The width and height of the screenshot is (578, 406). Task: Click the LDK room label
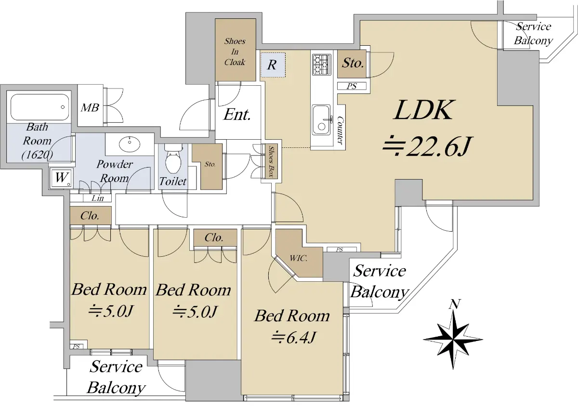[x=423, y=110]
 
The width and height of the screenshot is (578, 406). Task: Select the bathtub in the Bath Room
[x=39, y=107]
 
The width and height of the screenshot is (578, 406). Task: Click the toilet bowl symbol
[x=173, y=160]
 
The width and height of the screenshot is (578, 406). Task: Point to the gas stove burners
[x=322, y=65]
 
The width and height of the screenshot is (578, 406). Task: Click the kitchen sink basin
[x=321, y=120]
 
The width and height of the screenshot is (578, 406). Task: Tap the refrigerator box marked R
[x=273, y=65]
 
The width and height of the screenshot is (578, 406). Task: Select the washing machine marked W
[x=61, y=178]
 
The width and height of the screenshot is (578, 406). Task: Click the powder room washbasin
[x=130, y=143]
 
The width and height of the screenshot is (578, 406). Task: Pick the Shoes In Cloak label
[x=235, y=52]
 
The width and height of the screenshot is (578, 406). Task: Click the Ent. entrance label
[x=237, y=115]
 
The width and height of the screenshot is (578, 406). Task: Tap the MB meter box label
[x=90, y=108]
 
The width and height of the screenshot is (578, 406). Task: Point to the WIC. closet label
[x=299, y=258]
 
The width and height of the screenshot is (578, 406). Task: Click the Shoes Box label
[x=271, y=161]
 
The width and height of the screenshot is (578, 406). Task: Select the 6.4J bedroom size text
[x=294, y=338]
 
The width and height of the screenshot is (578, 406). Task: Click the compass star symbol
[x=453, y=340]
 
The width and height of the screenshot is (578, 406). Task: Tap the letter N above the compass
[x=454, y=304]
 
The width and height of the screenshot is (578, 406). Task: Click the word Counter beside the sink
[x=340, y=130]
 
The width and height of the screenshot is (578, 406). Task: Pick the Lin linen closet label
[x=98, y=198]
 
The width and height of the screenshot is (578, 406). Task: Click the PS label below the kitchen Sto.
[x=352, y=86]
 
